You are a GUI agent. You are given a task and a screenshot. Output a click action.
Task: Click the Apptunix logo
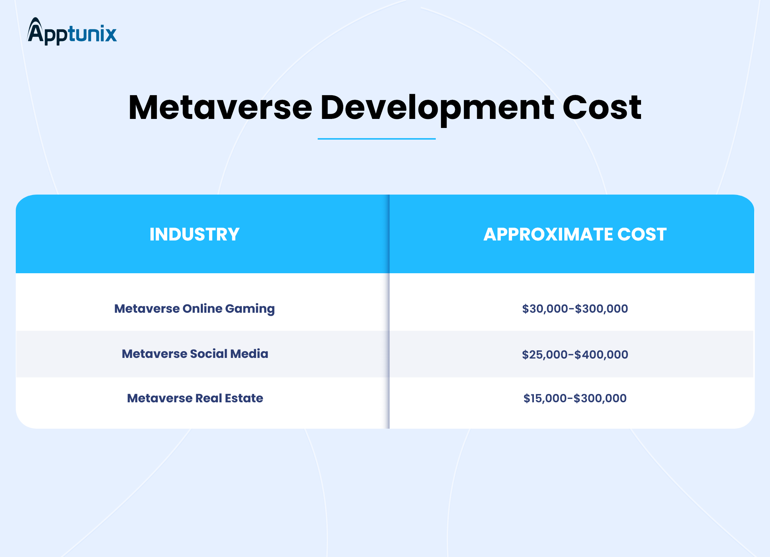pos(72,32)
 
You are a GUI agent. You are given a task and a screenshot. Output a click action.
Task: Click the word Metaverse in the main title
pos(220,108)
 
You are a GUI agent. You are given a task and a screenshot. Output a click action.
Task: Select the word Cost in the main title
pos(602,108)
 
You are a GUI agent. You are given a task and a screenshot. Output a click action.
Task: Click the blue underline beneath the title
pos(376,139)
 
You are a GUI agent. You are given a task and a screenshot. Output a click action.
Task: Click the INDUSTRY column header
pos(194,234)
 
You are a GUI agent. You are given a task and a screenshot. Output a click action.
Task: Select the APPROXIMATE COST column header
pos(575,234)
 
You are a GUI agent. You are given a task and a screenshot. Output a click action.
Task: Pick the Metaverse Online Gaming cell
pos(194,309)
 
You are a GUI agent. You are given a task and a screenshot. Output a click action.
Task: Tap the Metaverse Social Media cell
pos(195,354)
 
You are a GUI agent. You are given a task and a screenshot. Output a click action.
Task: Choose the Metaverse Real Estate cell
pos(195,398)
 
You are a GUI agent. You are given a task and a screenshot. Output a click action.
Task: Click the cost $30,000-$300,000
pos(575,309)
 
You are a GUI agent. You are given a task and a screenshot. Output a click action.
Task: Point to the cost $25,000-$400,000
pos(575,355)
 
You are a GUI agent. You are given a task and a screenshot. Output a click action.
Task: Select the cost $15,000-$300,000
pos(575,398)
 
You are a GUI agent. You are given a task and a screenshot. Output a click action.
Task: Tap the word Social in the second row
pos(208,354)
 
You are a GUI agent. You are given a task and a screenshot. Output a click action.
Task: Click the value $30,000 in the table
pos(545,309)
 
